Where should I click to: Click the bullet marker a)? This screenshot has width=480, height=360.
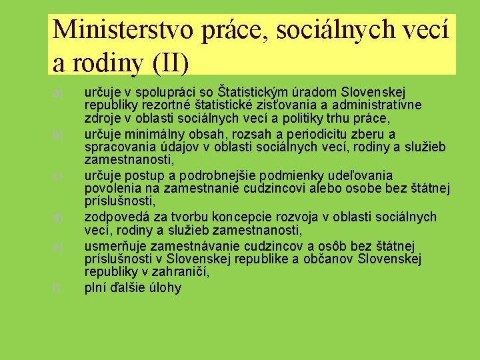point(59,93)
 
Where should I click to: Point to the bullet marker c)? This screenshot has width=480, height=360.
point(59,177)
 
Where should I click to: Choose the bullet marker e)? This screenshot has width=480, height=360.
point(59,247)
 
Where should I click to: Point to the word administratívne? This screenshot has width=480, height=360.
point(378,105)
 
